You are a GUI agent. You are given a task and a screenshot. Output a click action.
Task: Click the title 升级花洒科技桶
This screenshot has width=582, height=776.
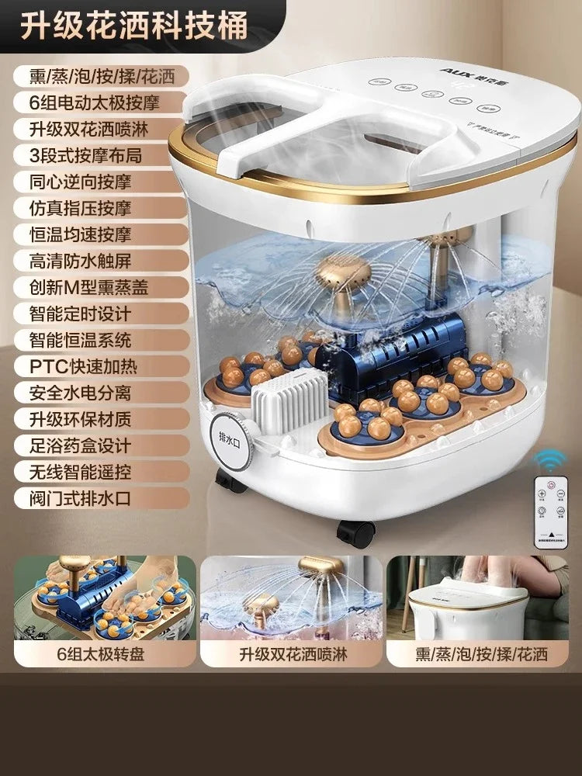pyautogui.click(x=133, y=26)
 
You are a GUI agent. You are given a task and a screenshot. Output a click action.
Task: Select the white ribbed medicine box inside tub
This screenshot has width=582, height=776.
pyautogui.click(x=286, y=400)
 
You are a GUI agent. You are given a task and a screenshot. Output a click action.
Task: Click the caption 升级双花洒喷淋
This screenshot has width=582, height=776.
pyautogui.click(x=291, y=653)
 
